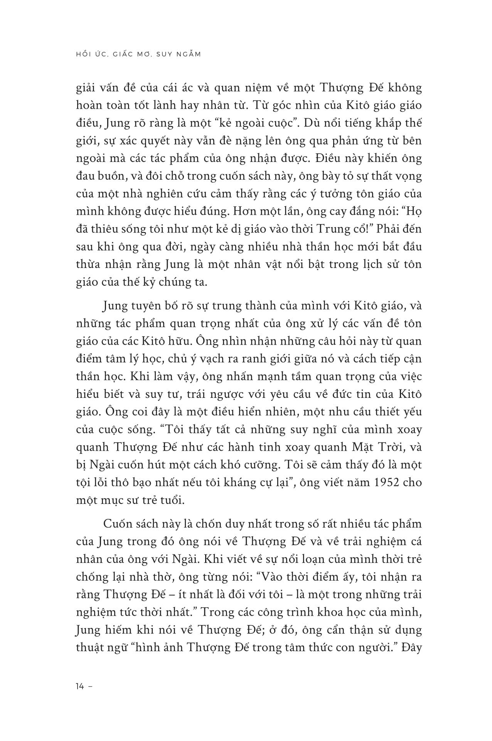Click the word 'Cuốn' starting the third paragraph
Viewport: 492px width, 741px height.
(118, 524)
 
